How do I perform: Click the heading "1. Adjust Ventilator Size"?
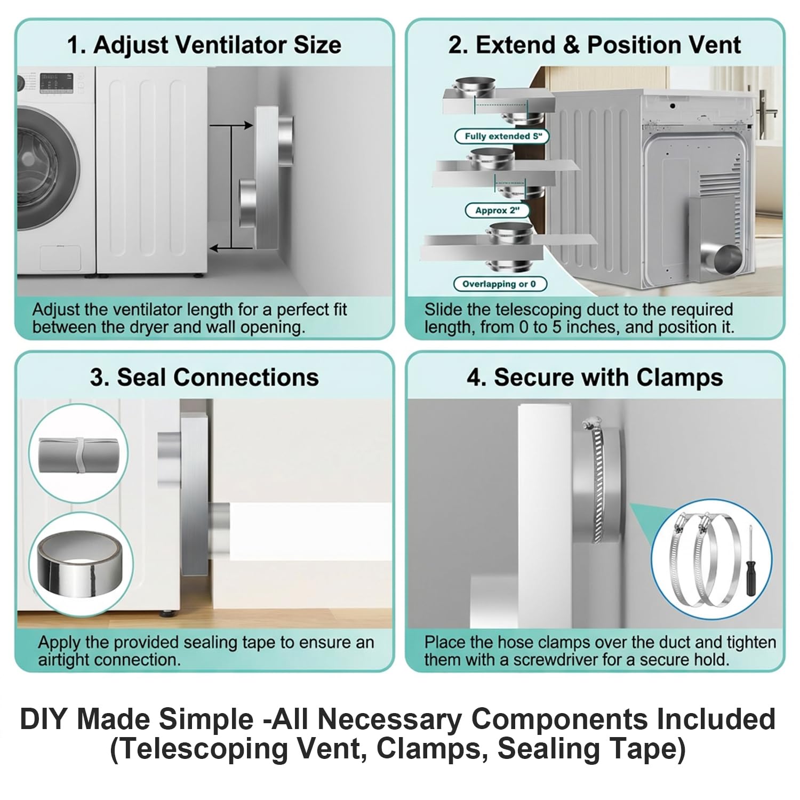click(x=204, y=45)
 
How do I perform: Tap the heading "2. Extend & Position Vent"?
click(x=595, y=45)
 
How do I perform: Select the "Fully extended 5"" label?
click(x=501, y=136)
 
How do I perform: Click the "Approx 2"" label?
click(x=497, y=210)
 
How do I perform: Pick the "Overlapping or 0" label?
click(x=500, y=284)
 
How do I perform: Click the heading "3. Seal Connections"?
click(x=204, y=377)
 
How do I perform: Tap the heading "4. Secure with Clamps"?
click(x=595, y=377)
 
